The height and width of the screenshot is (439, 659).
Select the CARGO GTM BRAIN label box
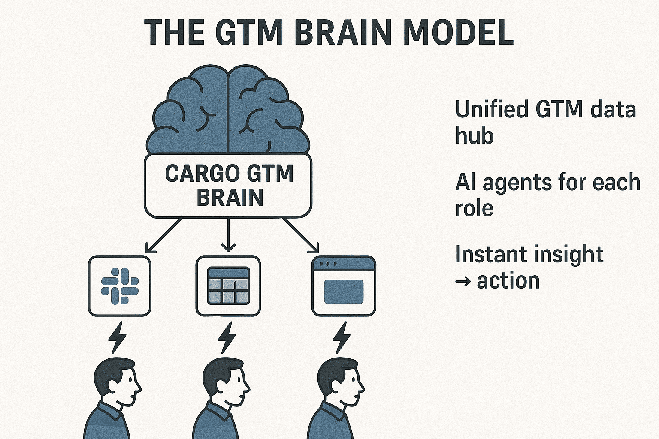pyautogui.click(x=228, y=186)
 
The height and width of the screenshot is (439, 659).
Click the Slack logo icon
pyautogui.click(x=120, y=286)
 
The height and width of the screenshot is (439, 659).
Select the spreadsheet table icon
pyautogui.click(x=228, y=286)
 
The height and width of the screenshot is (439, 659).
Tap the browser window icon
pyautogui.click(x=344, y=286)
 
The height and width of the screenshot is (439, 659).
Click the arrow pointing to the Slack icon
pyautogui.click(x=163, y=235)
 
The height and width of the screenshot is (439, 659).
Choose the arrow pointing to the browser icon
pyautogui.click(x=301, y=235)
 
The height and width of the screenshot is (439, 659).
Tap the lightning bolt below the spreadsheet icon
pyautogui.click(x=227, y=337)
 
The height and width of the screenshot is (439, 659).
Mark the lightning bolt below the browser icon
pyautogui.click(x=342, y=337)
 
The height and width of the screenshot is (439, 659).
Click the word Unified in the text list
pyautogui.click(x=491, y=109)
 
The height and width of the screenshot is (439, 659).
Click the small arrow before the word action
pyautogui.click(x=463, y=282)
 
